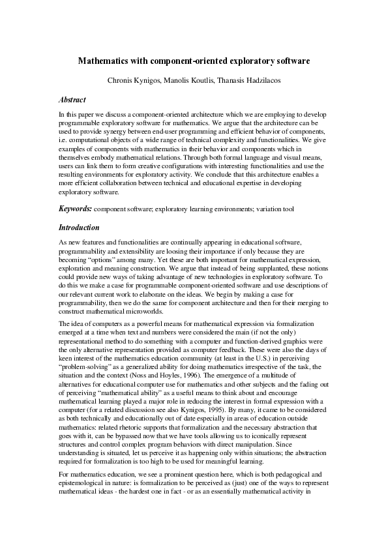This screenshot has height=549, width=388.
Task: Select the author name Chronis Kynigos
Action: pos(134,82)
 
